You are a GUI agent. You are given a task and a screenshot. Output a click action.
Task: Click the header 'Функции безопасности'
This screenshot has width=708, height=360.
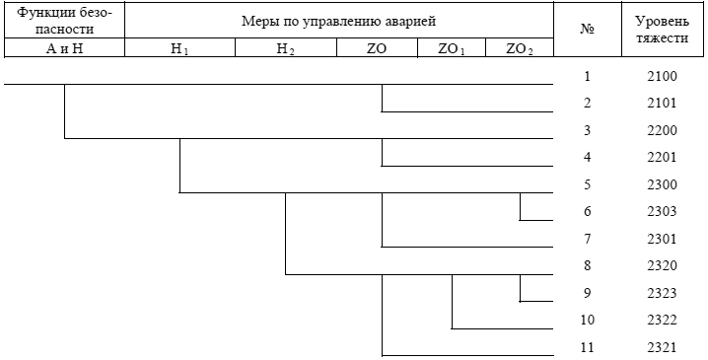[64, 19]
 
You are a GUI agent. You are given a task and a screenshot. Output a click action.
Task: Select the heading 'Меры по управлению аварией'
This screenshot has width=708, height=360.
[338, 19]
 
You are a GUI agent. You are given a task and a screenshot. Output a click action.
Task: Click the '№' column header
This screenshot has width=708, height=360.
[587, 28]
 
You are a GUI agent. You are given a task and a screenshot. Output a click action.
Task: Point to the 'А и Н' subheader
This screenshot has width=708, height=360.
[64, 48]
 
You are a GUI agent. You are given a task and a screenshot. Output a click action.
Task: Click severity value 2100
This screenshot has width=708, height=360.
[663, 76]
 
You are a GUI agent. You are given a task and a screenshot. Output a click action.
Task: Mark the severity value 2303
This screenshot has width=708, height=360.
[663, 211]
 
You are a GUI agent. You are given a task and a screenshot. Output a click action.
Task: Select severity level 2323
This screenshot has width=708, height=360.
[663, 293]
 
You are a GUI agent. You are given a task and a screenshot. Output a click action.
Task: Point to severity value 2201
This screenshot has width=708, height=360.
[663, 157]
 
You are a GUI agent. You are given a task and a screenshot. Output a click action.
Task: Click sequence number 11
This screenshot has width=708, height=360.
[587, 347]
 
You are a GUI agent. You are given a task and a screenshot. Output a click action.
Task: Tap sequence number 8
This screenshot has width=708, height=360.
[587, 265]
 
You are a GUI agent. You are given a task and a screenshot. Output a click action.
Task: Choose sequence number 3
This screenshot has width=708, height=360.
[587, 130]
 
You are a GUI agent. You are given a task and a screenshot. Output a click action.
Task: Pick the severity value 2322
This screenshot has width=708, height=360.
[663, 320]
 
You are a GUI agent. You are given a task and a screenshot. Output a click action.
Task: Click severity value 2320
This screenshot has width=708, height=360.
[663, 265]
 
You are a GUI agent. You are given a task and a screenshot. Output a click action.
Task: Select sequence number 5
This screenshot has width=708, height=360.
[587, 184]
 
